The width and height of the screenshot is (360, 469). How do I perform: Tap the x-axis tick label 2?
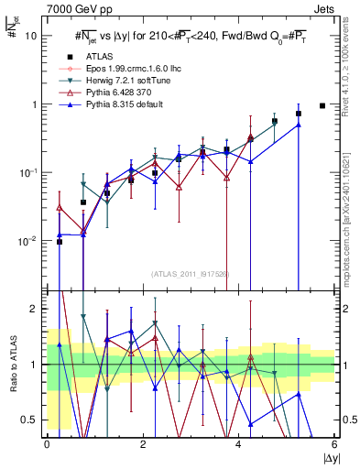142,444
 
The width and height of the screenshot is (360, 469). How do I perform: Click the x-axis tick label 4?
238,444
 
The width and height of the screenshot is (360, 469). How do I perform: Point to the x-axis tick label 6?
333,444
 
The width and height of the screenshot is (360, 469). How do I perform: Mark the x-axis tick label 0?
47,444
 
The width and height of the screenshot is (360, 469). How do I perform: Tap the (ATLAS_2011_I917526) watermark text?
190,273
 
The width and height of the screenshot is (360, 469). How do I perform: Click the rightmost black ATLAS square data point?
322,105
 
